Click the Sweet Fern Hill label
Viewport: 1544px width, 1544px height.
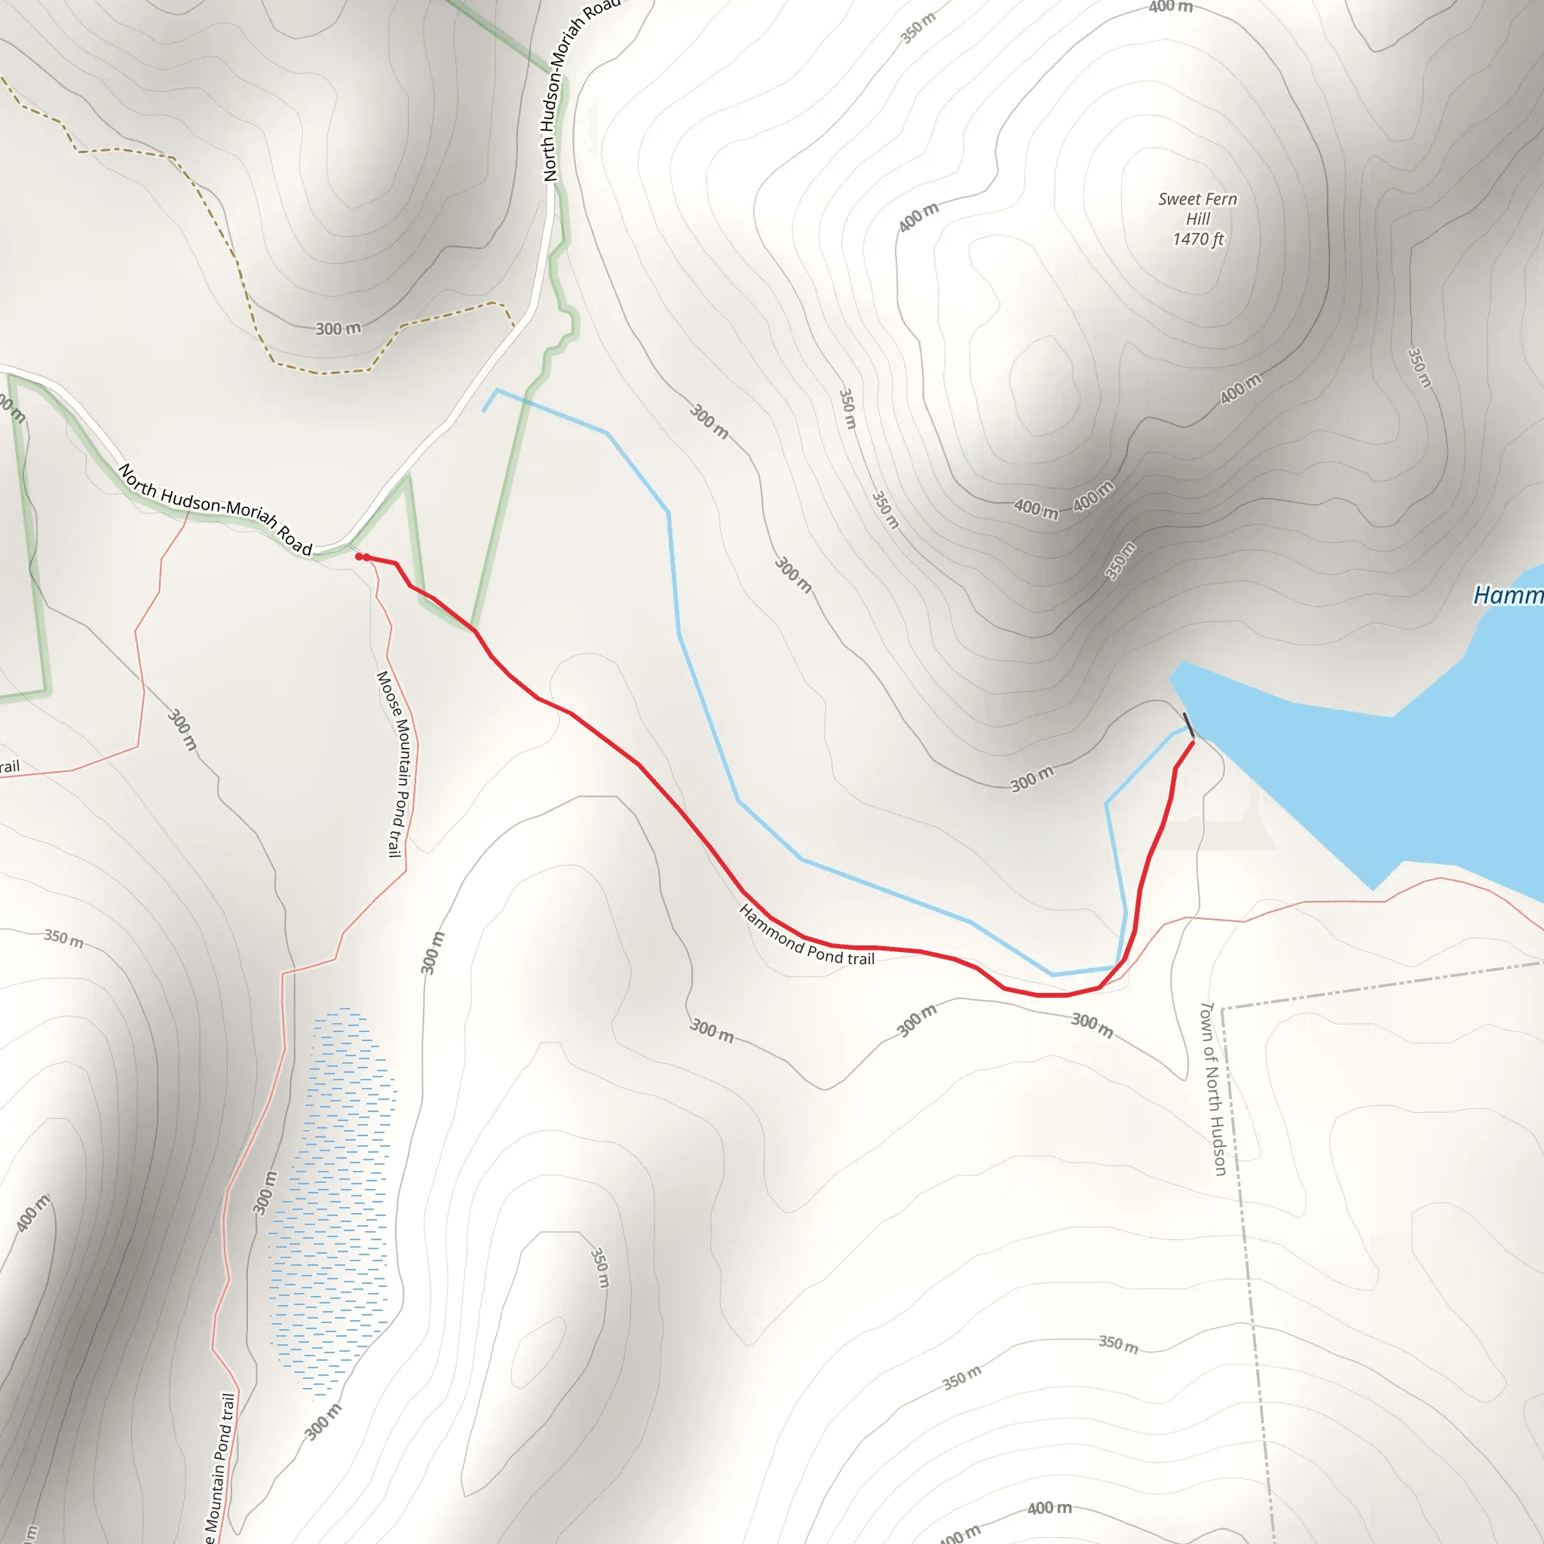pyautogui.click(x=1197, y=209)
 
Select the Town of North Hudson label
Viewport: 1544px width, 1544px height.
pyautogui.click(x=1213, y=1089)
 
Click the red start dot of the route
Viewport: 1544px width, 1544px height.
pyautogui.click(x=359, y=556)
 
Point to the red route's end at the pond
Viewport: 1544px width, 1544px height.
pyautogui.click(x=1192, y=743)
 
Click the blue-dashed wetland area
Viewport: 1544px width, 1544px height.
pyautogui.click(x=332, y=1199)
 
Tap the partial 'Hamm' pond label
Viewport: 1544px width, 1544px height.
pyautogui.click(x=1508, y=596)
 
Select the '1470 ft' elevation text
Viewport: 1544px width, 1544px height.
pyautogui.click(x=1198, y=239)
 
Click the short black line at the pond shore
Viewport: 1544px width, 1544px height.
pyautogui.click(x=1188, y=725)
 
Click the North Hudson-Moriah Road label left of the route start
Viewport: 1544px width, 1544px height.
pyautogui.click(x=215, y=508)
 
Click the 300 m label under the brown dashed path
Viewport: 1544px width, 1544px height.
pyautogui.click(x=337, y=329)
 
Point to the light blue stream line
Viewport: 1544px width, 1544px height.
pyautogui.click(x=703, y=703)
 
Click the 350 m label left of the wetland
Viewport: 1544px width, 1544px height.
pyautogui.click(x=63, y=936)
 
